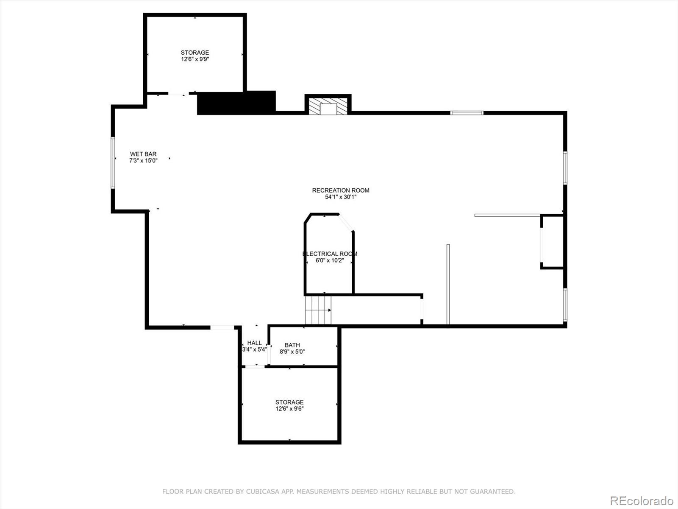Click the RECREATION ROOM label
pos(341,190)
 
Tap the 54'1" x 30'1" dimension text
pos(341,197)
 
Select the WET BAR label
pos(143,154)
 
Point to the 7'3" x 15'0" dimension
pos(143,161)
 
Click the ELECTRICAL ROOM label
pos(330,254)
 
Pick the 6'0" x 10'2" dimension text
pos(330,260)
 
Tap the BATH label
pos(292,345)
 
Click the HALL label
pos(255,343)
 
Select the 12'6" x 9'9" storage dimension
pos(195,59)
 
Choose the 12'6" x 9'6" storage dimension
pos(289,409)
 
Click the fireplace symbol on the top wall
pos(328,107)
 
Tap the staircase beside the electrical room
pos(318,310)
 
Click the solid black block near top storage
pos(236,103)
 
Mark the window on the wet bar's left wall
pos(113,162)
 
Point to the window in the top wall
pos(467,113)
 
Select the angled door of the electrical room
pos(346,223)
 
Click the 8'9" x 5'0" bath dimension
pos(292,352)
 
